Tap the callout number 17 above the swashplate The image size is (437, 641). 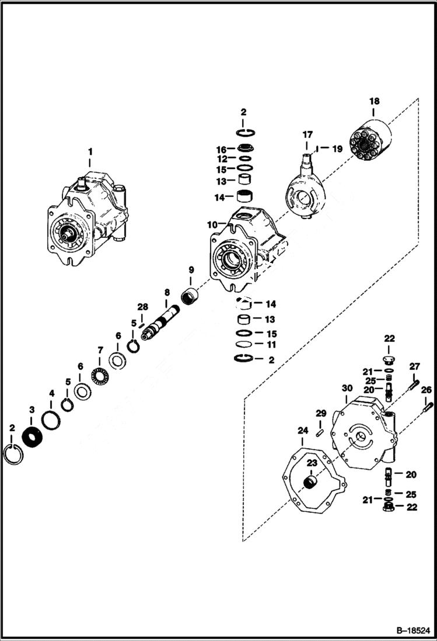point(307,135)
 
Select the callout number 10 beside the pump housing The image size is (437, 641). point(211,224)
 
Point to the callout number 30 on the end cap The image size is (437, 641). point(347,389)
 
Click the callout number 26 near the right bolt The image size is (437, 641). point(427,390)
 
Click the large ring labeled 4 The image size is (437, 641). point(51,418)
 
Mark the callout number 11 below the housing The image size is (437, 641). point(270,344)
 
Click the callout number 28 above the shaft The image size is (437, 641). point(142,307)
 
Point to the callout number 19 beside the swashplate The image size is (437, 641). point(337,149)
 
